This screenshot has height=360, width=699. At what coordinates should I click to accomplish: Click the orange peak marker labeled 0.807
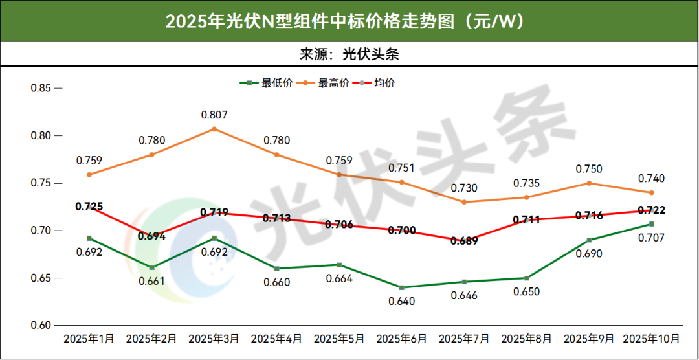pos(214,129)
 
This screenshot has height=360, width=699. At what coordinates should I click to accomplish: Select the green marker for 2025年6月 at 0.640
pos(401,287)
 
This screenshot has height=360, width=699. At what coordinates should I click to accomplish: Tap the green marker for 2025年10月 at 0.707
pos(651,224)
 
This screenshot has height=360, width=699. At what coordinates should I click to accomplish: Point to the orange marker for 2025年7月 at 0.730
pos(464,202)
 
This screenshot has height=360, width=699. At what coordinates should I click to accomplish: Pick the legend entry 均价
pos(384,83)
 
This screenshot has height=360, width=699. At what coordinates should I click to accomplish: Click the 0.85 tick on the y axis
pos(41,88)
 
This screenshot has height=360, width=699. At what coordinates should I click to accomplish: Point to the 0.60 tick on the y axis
pos(41,325)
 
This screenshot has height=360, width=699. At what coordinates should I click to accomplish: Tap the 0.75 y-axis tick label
pos(41,183)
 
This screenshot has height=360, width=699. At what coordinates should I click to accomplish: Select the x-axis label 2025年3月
pos(214,339)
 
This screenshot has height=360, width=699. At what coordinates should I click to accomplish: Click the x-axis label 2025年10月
pos(651,339)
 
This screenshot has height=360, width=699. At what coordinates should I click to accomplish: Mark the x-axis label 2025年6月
pos(401,339)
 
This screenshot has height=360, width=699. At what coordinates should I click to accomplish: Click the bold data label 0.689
pos(464,242)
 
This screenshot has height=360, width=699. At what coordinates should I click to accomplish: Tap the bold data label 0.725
pos(89,207)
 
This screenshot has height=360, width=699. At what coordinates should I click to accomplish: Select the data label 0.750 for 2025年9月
pos(589,169)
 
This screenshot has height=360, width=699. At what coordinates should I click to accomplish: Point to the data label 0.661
pos(152,281)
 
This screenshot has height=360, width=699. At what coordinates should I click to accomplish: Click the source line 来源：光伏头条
pos(349,54)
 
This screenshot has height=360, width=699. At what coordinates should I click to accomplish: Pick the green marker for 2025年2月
pos(152,267)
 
